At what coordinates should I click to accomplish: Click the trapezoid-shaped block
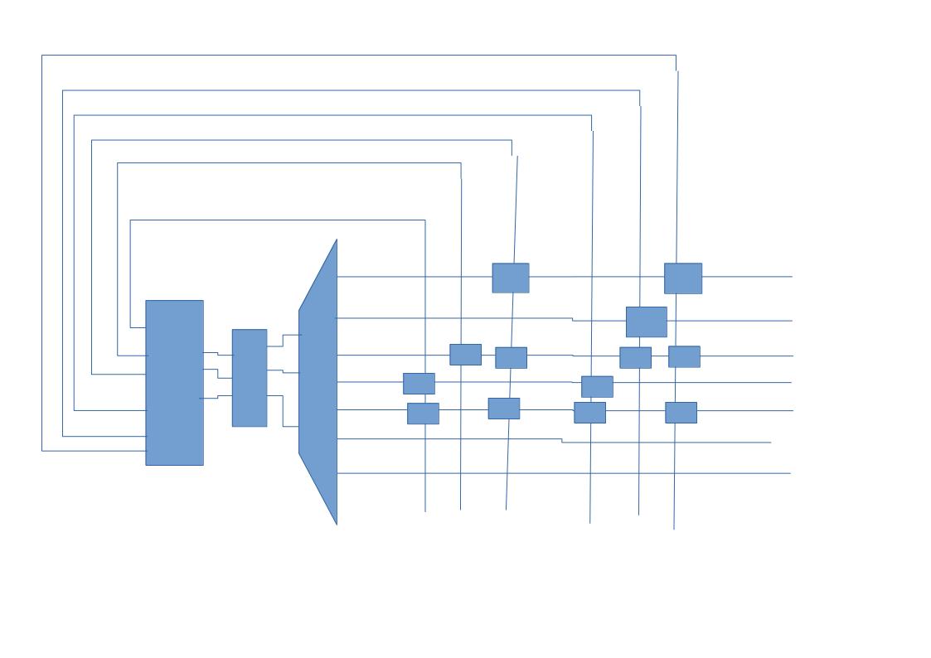[319, 381]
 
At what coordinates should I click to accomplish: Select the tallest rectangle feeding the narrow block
[174, 382]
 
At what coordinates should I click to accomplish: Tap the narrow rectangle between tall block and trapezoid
[250, 378]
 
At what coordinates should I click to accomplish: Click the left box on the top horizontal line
[511, 278]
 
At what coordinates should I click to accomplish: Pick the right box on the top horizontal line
[683, 278]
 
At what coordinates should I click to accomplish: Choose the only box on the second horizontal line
[647, 322]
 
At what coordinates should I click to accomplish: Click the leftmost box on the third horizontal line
[465, 355]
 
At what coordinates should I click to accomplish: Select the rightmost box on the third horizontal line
[684, 356]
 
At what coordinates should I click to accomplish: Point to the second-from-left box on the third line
[511, 357]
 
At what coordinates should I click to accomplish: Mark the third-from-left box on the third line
[635, 357]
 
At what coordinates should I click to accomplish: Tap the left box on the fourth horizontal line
[419, 383]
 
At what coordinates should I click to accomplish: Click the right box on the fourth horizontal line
[597, 386]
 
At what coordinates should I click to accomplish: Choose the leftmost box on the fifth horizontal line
[423, 413]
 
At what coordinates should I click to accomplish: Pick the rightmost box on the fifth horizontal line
[681, 412]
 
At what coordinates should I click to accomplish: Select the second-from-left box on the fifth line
[504, 408]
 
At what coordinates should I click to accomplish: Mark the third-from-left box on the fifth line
[589, 412]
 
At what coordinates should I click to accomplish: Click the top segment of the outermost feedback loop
[356, 56]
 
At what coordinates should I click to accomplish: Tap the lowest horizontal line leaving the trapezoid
[564, 473]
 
